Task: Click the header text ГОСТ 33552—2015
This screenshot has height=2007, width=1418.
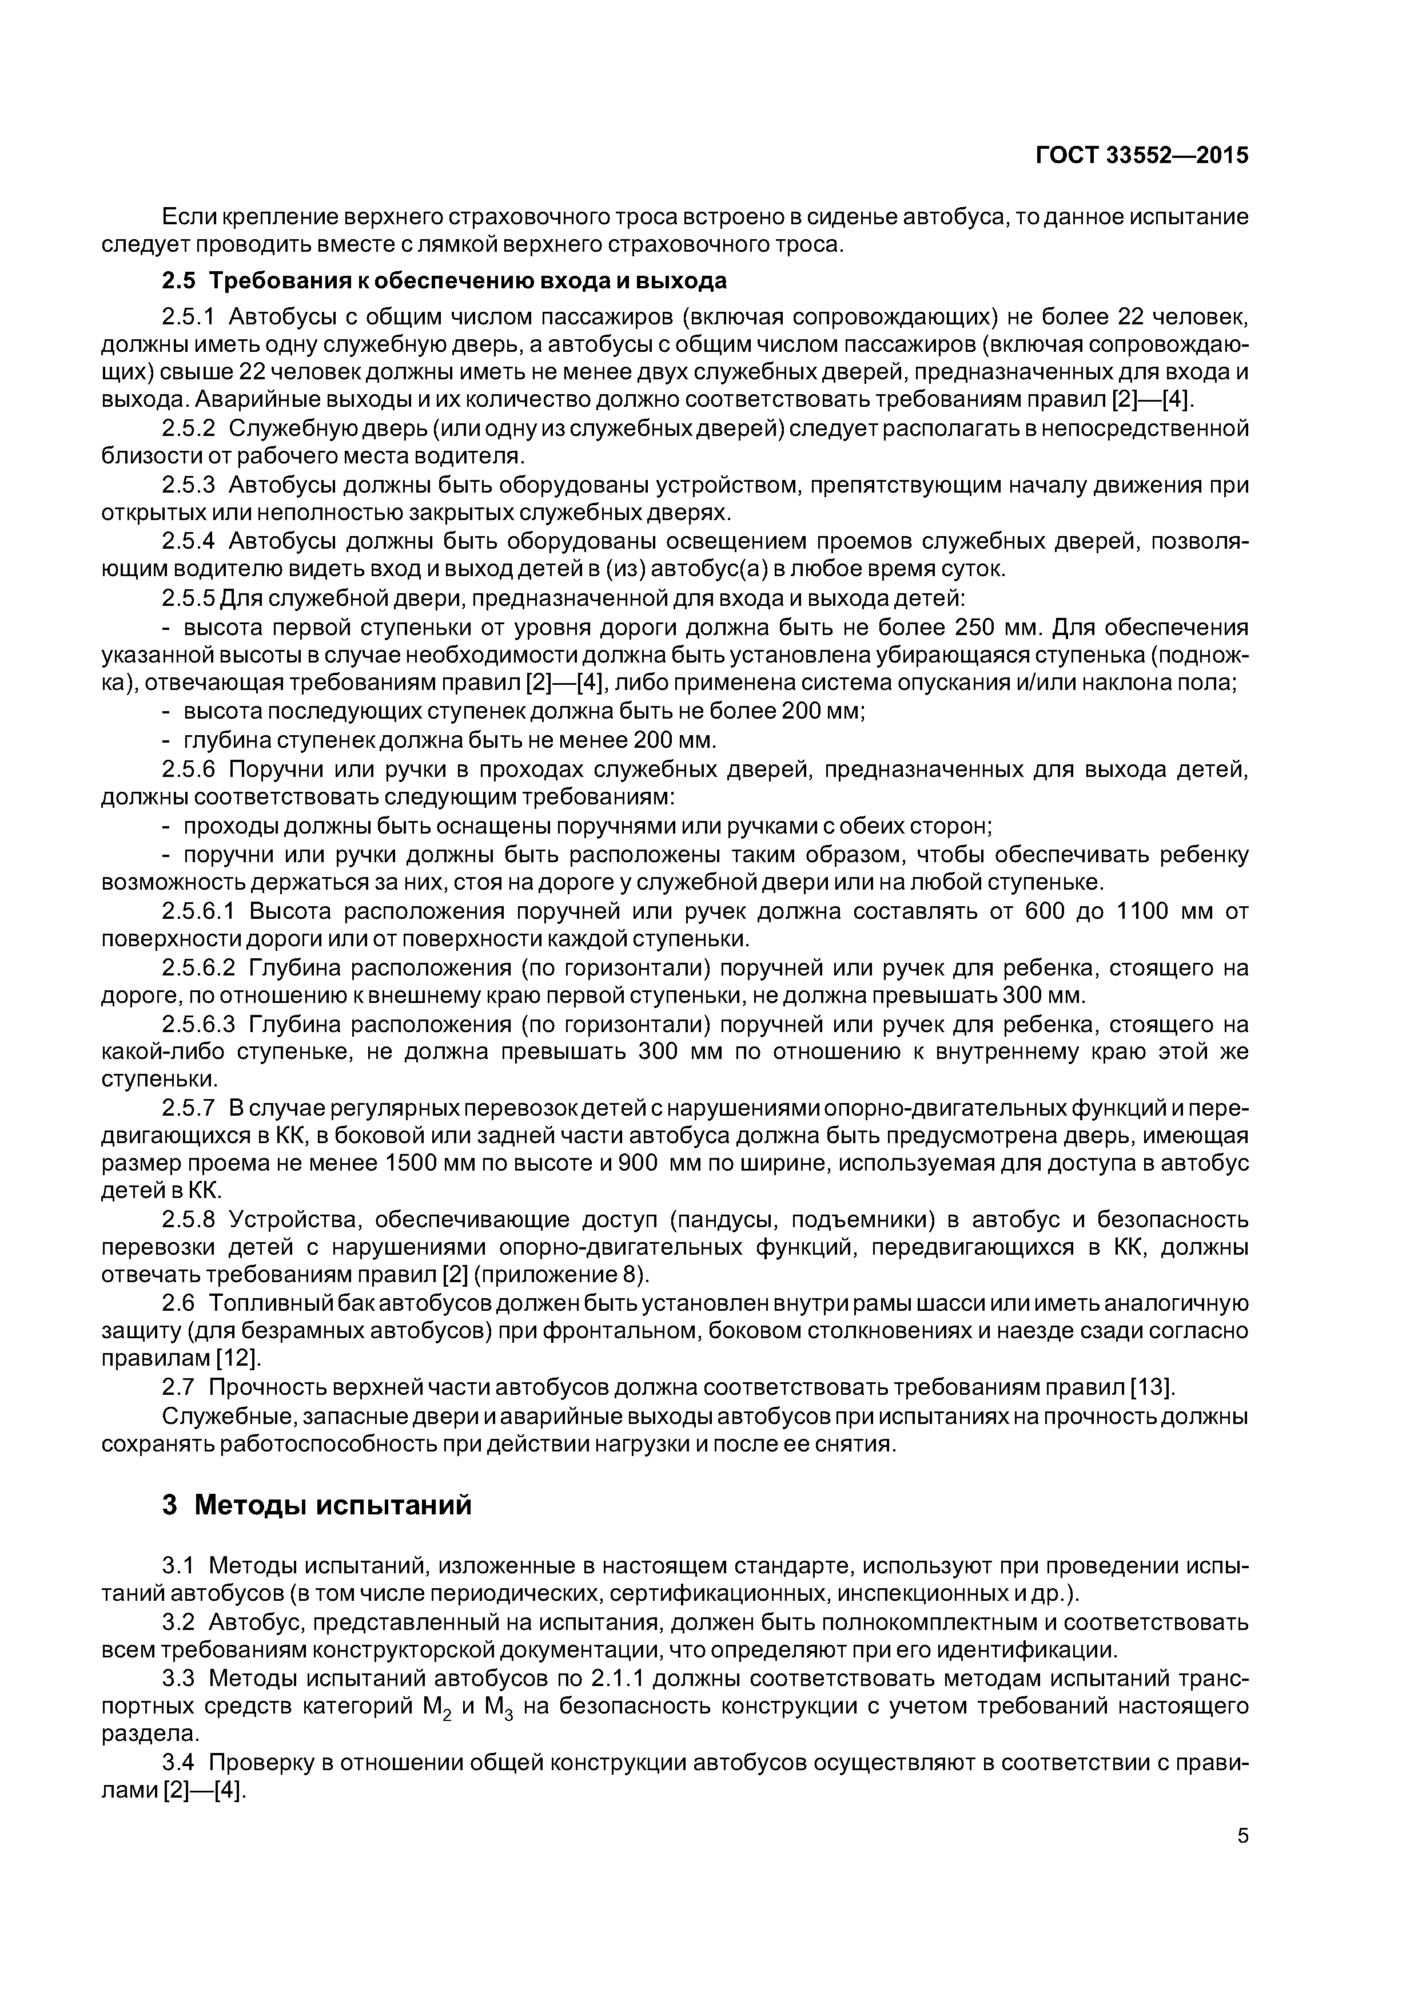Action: (1142, 156)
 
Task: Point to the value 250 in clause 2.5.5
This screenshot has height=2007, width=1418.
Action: (982, 628)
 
